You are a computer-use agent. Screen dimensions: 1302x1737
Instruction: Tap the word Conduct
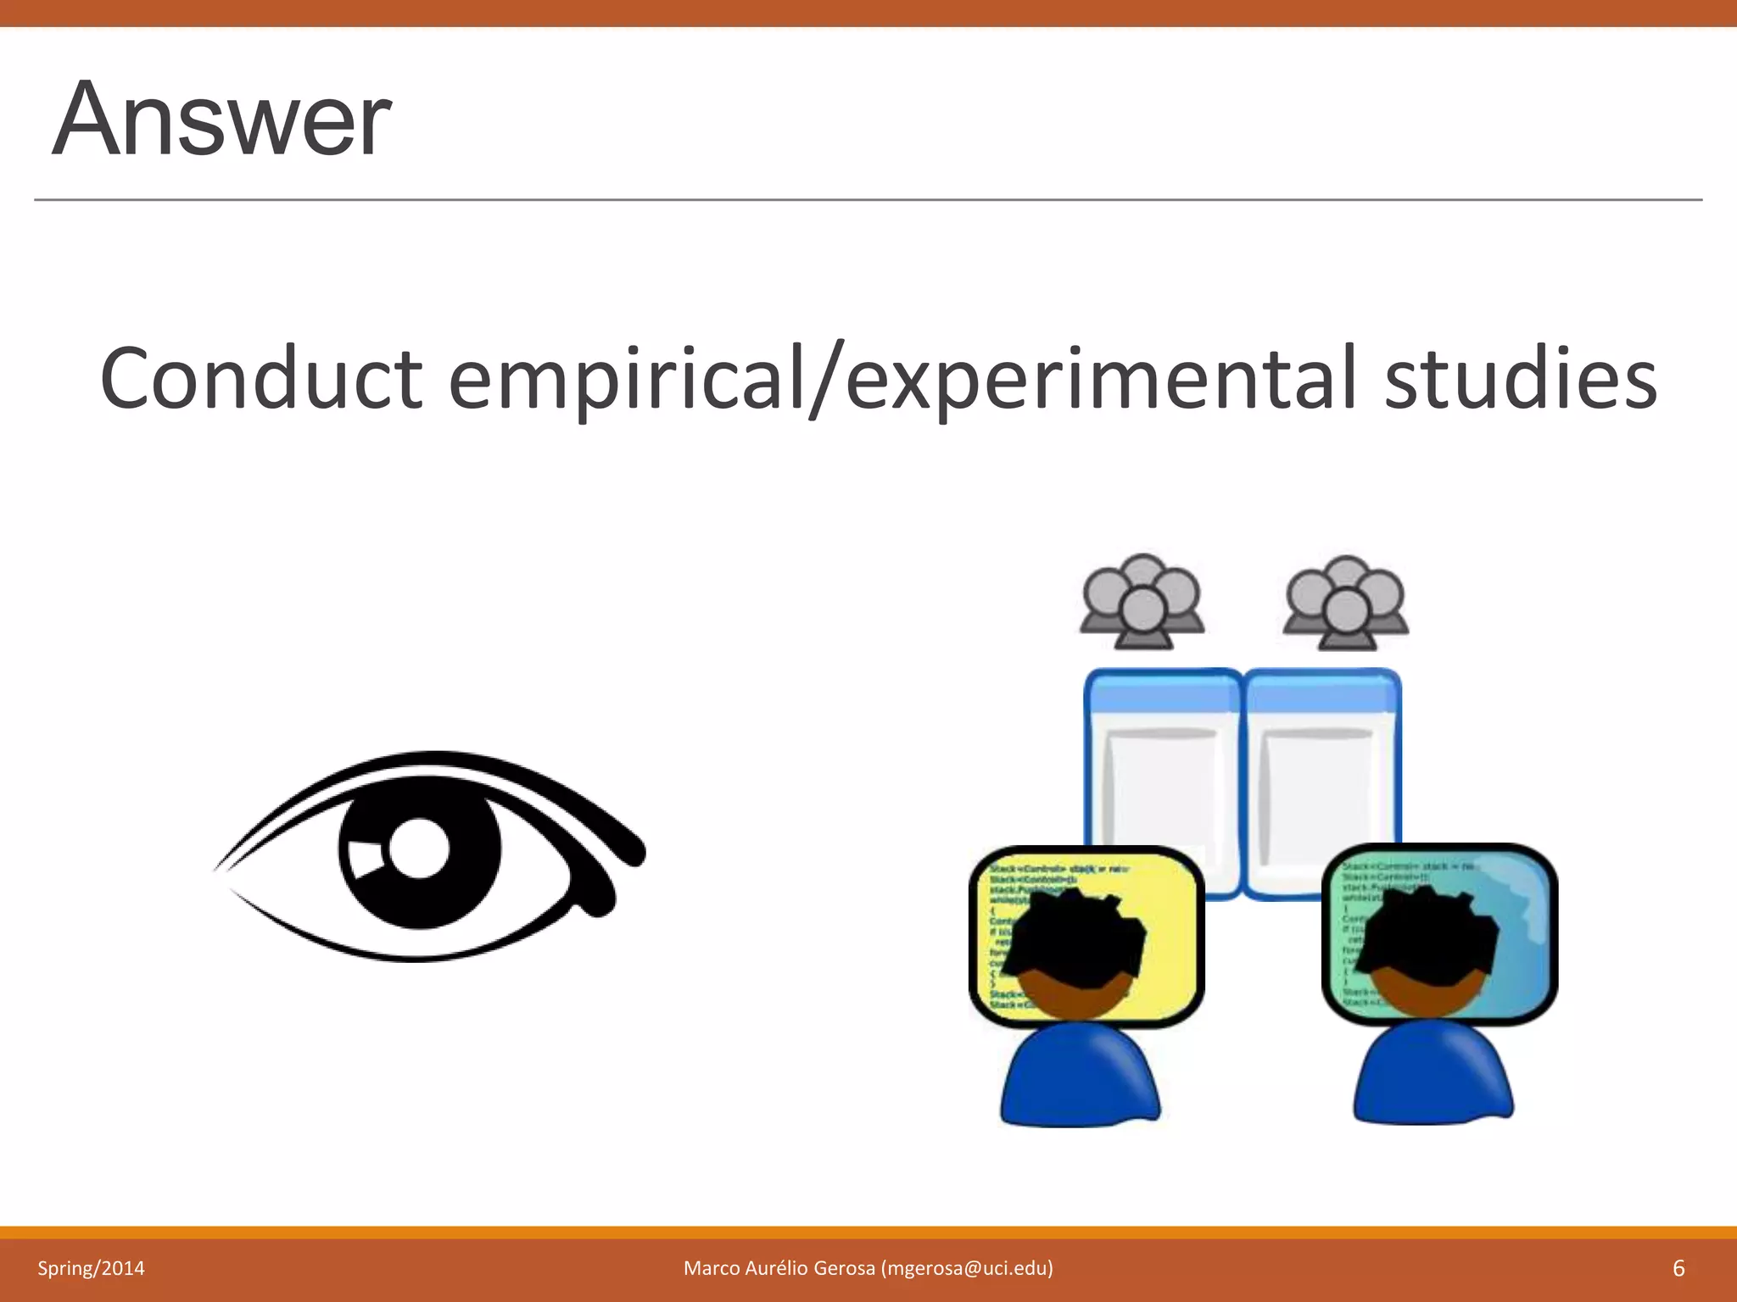pos(261,378)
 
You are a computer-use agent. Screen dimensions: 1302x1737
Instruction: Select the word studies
pos(1520,378)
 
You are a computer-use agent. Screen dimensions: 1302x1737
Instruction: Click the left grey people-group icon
pos(1142,602)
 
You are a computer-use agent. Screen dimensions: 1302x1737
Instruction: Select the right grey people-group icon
pos(1345,602)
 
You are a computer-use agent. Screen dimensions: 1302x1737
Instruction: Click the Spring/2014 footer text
pos(91,1268)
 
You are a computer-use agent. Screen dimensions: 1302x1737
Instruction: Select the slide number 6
pos(1678,1268)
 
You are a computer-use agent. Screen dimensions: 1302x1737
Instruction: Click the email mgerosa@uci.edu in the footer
pos(967,1268)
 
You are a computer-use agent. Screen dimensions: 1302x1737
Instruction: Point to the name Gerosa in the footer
pos(844,1268)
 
